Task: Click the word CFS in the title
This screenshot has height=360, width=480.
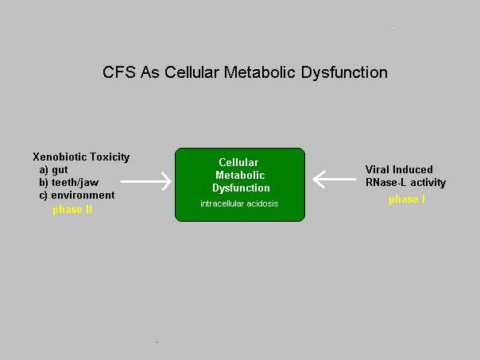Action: (x=118, y=72)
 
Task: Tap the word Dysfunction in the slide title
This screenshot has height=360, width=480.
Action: (x=344, y=73)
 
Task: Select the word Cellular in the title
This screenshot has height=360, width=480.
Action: (x=192, y=72)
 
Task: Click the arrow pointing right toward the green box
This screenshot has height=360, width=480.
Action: (x=145, y=181)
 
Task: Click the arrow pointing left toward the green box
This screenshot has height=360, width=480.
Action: (x=335, y=179)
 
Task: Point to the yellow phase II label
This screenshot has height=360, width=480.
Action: (x=72, y=210)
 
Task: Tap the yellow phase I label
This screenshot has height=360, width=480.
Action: (x=407, y=199)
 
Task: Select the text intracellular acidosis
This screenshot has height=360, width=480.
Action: (x=239, y=203)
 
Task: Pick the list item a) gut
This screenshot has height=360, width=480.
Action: (x=53, y=170)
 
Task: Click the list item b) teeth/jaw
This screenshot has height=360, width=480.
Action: (x=69, y=183)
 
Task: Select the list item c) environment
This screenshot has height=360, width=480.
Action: (x=77, y=195)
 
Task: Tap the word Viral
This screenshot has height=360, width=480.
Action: (x=377, y=169)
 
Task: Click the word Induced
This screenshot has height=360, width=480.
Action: (x=412, y=169)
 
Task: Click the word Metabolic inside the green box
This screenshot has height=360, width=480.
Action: (x=240, y=175)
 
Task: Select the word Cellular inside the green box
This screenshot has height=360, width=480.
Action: (x=238, y=162)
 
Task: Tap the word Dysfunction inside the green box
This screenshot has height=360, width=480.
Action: (x=242, y=188)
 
